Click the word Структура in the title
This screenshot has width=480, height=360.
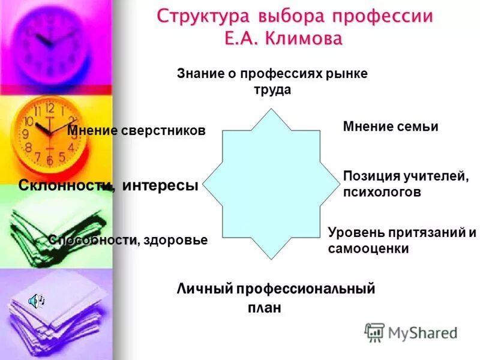pyautogui.click(x=197, y=16)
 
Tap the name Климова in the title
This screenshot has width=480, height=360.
pyautogui.click(x=304, y=40)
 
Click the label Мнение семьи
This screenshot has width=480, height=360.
pyautogui.click(x=391, y=127)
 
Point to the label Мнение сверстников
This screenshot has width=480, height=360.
pyautogui.click(x=136, y=131)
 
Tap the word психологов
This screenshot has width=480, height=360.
pyautogui.click(x=382, y=193)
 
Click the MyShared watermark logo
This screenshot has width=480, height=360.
pyautogui.click(x=411, y=332)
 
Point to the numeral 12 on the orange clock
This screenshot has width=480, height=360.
pyautogui.click(x=49, y=109)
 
